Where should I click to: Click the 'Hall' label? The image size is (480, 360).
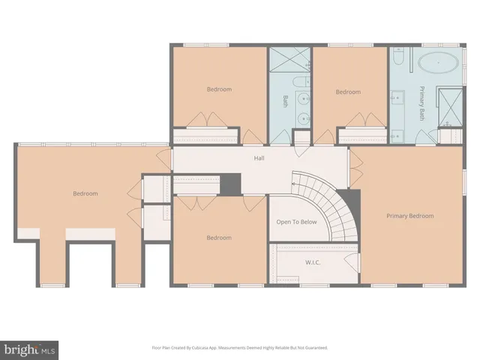coord(259,158)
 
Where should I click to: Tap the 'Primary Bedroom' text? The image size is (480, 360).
coord(409,216)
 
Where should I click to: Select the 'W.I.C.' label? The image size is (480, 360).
coord(313,262)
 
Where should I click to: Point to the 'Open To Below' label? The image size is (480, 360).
coord(296,223)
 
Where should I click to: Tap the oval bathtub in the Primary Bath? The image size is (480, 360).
coord(435,62)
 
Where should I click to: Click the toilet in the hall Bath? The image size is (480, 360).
coord(300,82)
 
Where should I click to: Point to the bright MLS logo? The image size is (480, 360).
coord(30,349)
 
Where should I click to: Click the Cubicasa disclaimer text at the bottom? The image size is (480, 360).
coord(240,348)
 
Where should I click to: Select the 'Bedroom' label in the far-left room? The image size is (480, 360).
coord(85,193)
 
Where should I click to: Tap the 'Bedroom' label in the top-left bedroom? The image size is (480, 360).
coord(219,89)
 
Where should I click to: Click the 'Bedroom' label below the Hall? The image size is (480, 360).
coord(219,238)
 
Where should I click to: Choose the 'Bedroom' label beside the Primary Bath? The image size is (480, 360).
coord(348,92)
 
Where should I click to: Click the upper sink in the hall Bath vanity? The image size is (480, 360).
coord(302,98)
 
